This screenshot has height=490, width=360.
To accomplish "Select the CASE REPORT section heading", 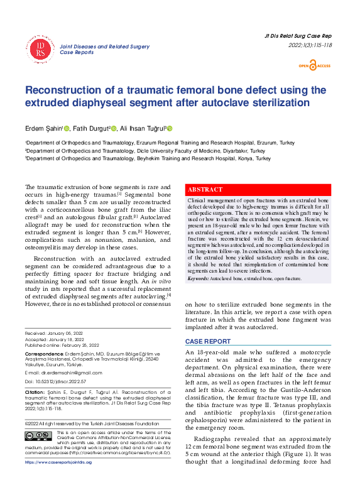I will coord(207,341).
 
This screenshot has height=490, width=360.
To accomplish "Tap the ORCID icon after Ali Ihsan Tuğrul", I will coord(170,128).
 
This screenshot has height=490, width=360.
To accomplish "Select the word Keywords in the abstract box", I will coord(199,278).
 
